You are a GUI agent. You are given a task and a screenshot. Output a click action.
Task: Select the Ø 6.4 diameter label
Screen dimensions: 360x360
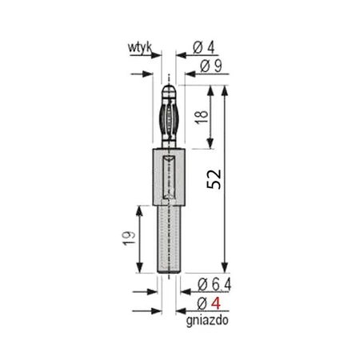click(x=212, y=286)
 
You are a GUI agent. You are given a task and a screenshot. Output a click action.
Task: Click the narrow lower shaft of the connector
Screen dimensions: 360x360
click(x=168, y=240)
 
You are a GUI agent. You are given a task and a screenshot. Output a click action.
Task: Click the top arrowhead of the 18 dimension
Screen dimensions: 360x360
click(x=213, y=88)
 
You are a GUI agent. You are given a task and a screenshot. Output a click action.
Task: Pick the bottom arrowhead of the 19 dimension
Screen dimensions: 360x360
click(x=142, y=270)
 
